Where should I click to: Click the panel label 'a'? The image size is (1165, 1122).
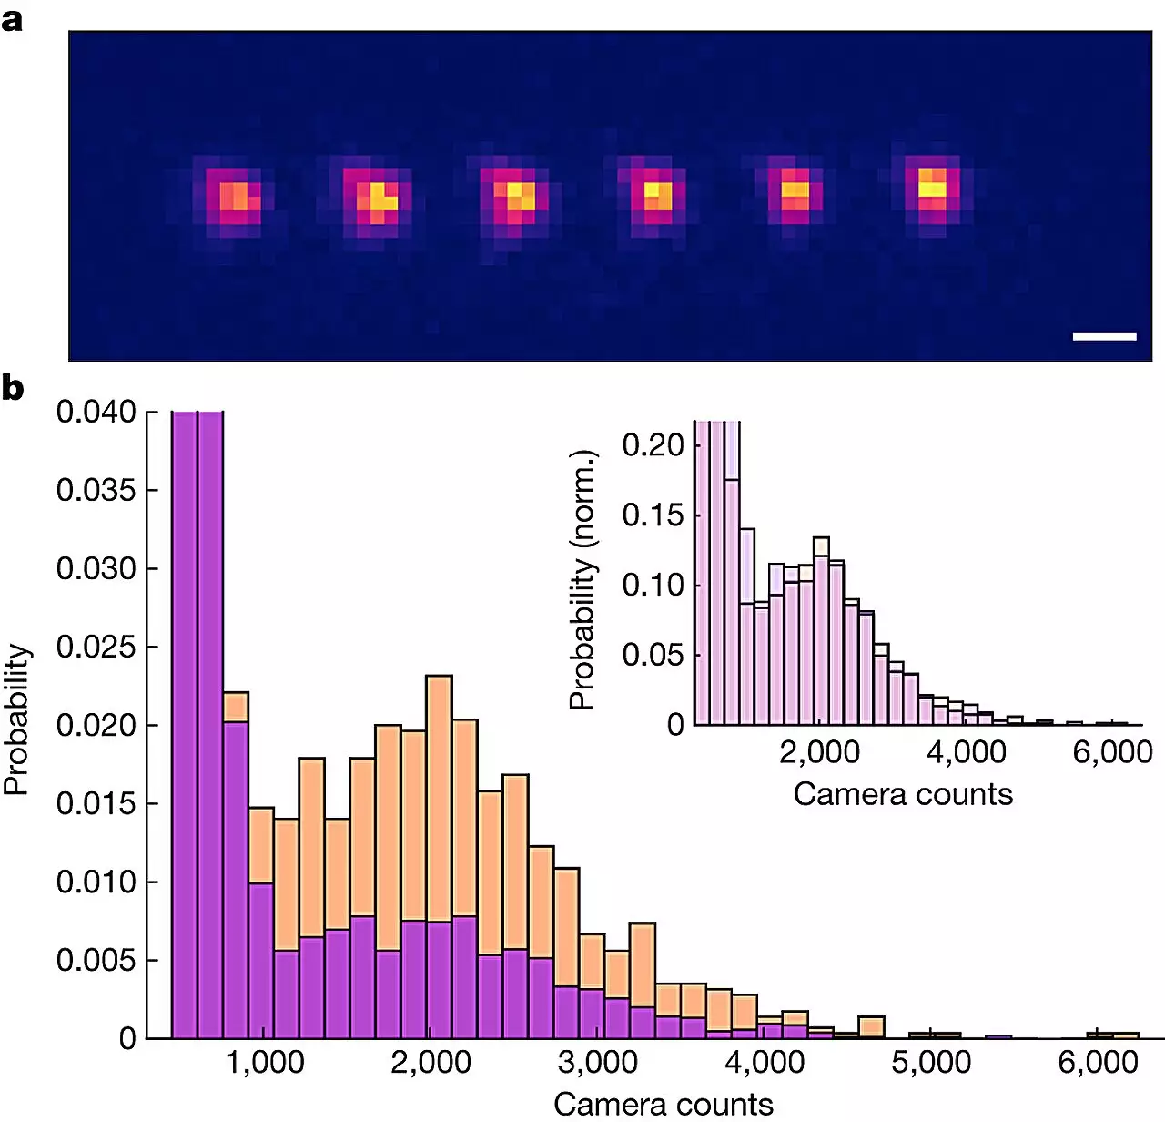click(x=12, y=19)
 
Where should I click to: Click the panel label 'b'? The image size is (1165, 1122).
click(x=13, y=389)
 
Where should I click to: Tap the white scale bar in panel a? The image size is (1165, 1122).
click(x=1104, y=337)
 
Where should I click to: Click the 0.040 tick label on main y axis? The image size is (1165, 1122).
click(x=96, y=412)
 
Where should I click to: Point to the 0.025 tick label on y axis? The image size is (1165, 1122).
click(x=96, y=647)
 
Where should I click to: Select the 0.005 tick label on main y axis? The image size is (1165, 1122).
click(x=96, y=960)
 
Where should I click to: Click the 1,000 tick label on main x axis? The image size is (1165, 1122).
click(x=264, y=1063)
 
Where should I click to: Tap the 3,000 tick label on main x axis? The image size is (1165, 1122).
click(x=598, y=1063)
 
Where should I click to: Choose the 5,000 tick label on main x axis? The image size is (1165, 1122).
click(x=931, y=1063)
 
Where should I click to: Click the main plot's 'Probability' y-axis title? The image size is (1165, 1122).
click(x=17, y=719)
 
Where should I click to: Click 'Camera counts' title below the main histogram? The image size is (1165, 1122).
click(x=664, y=1104)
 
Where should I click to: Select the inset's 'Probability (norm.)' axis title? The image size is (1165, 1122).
click(x=582, y=580)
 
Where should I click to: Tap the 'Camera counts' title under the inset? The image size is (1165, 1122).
click(x=903, y=794)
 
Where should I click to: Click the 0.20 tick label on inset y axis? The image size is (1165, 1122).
click(x=653, y=445)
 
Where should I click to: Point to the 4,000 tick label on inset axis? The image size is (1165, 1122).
click(x=967, y=752)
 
